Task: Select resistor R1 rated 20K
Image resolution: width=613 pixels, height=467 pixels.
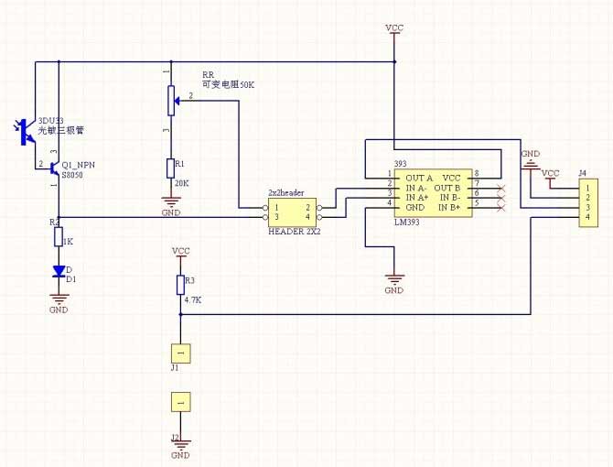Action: click(x=170, y=167)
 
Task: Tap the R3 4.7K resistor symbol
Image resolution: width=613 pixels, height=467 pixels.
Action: click(x=180, y=286)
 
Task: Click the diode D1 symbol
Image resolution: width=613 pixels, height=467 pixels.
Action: click(x=59, y=271)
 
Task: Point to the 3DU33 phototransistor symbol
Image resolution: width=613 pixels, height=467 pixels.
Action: click(x=27, y=132)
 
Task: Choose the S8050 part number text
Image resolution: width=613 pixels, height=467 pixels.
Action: click(x=72, y=173)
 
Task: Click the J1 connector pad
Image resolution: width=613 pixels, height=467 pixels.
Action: click(x=180, y=352)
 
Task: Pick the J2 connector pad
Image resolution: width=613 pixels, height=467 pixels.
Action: click(x=180, y=401)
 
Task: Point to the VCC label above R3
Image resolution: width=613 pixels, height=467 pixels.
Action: click(x=180, y=250)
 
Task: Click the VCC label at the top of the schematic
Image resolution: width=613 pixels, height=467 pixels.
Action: click(x=394, y=28)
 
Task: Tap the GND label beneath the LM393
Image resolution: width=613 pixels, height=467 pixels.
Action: click(x=393, y=290)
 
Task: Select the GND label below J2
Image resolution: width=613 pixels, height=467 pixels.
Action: click(x=180, y=455)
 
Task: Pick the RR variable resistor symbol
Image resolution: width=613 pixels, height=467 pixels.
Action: click(x=170, y=100)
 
